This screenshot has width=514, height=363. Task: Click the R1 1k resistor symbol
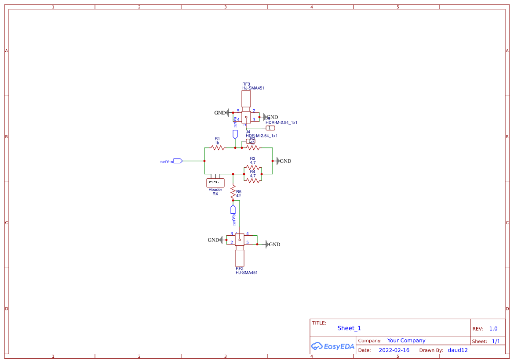[218, 148]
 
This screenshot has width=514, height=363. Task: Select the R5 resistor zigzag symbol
[233, 192]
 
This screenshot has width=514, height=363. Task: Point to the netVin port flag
[178, 161]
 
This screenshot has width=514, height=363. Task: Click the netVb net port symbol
[233, 209]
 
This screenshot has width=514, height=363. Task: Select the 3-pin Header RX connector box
[215, 183]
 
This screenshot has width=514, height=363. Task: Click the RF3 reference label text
[246, 84]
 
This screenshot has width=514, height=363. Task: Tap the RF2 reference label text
[239, 268]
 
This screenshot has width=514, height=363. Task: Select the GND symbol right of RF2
[267, 244]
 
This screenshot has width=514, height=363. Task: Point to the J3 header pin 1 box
[270, 128]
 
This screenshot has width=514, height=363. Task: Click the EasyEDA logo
[332, 346]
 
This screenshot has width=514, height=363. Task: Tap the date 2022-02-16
[394, 350]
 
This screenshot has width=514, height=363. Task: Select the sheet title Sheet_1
[349, 328]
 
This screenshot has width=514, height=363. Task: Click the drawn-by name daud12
[457, 350]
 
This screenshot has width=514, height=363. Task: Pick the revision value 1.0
[493, 329]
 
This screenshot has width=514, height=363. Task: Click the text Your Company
[406, 341]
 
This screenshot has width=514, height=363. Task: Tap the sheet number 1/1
[496, 341]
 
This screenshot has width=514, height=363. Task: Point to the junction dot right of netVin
[204, 161]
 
